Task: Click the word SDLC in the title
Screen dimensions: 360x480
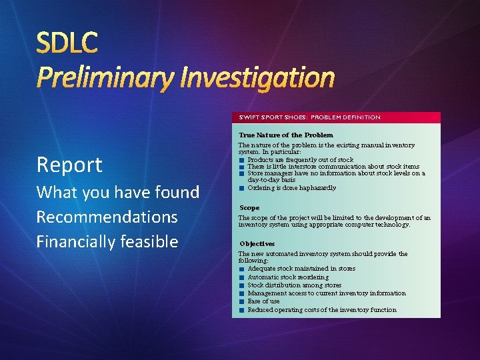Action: (x=67, y=43)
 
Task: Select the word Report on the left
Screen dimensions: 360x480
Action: (x=69, y=165)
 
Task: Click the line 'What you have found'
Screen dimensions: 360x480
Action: (x=117, y=193)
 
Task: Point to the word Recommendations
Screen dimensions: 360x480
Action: (x=107, y=217)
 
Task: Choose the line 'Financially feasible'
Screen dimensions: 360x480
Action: (x=107, y=241)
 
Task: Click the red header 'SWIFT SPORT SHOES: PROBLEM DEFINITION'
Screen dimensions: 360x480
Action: (x=309, y=117)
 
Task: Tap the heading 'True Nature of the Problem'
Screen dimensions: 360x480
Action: (x=285, y=135)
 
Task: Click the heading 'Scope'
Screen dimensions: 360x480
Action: (x=249, y=208)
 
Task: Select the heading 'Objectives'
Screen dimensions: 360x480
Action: (x=257, y=244)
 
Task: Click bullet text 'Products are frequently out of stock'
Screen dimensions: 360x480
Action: (x=300, y=160)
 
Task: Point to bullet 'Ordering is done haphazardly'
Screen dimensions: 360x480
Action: (x=291, y=188)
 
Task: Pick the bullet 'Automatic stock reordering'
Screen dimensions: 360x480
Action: (x=287, y=277)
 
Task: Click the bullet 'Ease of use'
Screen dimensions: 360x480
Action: (x=263, y=301)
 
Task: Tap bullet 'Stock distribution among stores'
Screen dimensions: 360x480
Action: (x=294, y=285)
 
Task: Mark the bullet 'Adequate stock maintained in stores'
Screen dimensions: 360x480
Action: (x=301, y=269)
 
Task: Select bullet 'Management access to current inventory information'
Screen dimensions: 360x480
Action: (x=326, y=293)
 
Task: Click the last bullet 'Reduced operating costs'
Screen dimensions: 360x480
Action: (x=321, y=310)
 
